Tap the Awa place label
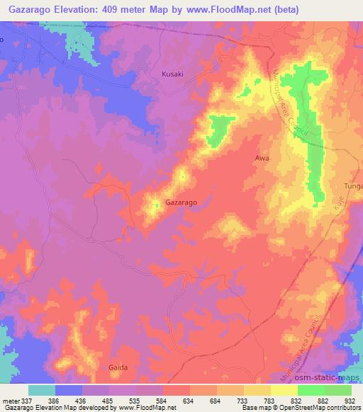(x=262, y=159)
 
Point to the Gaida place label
(x=118, y=367)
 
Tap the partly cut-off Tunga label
(x=352, y=185)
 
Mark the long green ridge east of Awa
(x=310, y=135)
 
